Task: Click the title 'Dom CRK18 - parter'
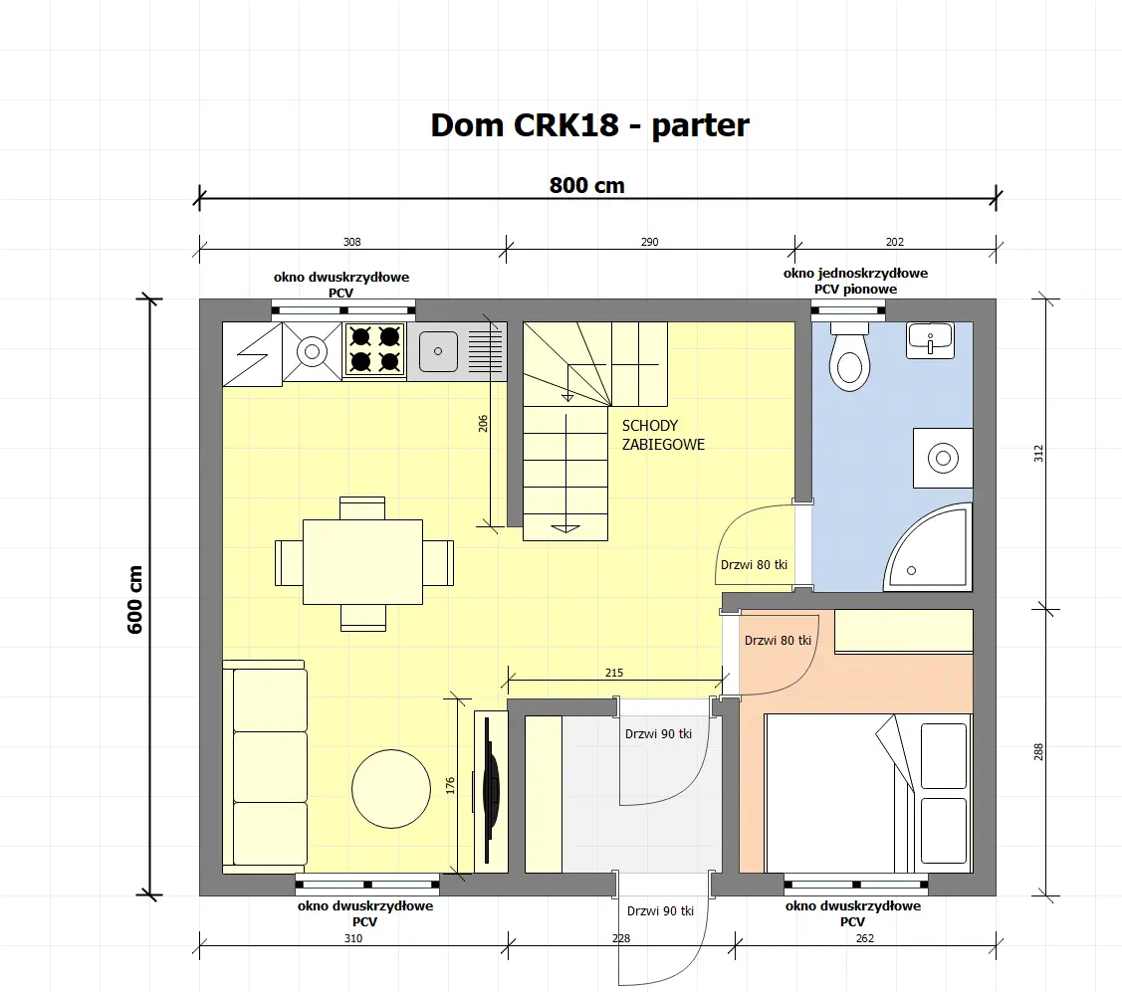pyautogui.click(x=589, y=125)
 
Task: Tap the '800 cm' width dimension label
pyautogui.click(x=587, y=185)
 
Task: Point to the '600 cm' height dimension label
pyautogui.click(x=136, y=599)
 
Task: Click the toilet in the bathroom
pyautogui.click(x=849, y=358)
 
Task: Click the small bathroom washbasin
pyautogui.click(x=930, y=340)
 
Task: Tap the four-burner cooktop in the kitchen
pyautogui.click(x=374, y=349)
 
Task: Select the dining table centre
pyautogui.click(x=363, y=562)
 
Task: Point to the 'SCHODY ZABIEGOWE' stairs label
pyautogui.click(x=663, y=435)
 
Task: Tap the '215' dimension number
pyautogui.click(x=614, y=674)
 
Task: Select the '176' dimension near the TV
pyautogui.click(x=450, y=785)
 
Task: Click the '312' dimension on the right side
pyautogui.click(x=1037, y=454)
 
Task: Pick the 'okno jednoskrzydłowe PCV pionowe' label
pyautogui.click(x=855, y=281)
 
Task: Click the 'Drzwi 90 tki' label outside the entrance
pyautogui.click(x=660, y=911)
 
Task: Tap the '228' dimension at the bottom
pyautogui.click(x=621, y=937)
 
